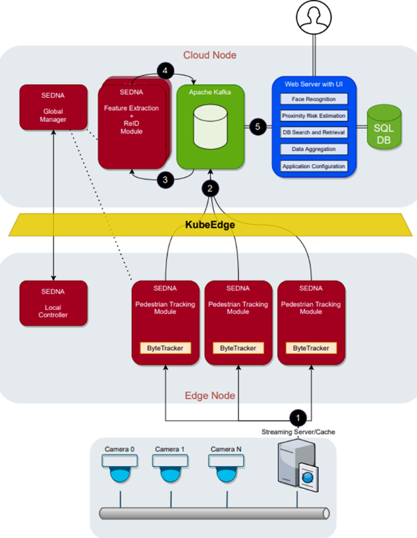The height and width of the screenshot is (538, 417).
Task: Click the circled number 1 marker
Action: [299, 418]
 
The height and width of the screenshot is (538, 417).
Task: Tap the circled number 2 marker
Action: [210, 189]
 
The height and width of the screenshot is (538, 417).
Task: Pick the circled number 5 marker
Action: [259, 126]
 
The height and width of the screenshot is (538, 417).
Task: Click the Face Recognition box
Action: [314, 99]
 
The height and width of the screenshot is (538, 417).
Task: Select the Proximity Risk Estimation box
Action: [314, 116]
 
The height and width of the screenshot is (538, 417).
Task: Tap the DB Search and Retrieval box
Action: [314, 132]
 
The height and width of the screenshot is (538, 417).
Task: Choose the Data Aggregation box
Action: [314, 150]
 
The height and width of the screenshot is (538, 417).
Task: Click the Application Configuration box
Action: [314, 166]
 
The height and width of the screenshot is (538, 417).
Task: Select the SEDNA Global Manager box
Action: [53, 108]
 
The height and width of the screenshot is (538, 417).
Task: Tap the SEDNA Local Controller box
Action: [53, 304]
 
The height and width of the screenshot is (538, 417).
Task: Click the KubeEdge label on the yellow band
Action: [210, 225]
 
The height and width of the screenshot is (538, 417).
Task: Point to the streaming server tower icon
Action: [294, 472]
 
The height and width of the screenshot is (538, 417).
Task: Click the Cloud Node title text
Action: [209, 55]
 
